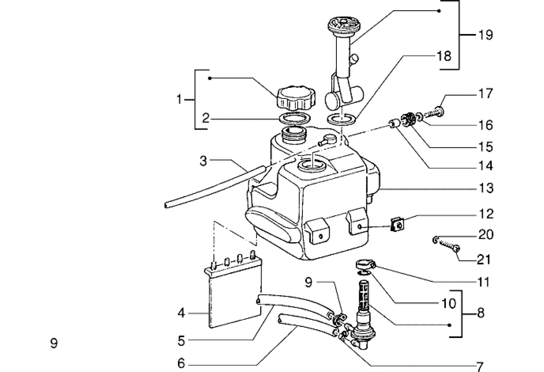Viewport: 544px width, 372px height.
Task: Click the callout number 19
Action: coord(485,35)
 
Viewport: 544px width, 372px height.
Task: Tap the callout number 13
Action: coord(486,188)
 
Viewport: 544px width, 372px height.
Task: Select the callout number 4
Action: coord(182,313)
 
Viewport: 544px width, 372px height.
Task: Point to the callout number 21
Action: coord(484,259)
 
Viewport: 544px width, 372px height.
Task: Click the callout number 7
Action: coord(479,366)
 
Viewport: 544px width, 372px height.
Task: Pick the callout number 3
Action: coord(203,161)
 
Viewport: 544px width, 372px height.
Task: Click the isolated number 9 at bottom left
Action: coord(54,343)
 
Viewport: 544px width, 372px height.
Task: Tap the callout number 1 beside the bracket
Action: coord(179,100)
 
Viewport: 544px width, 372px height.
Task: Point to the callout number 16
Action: coord(485,125)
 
